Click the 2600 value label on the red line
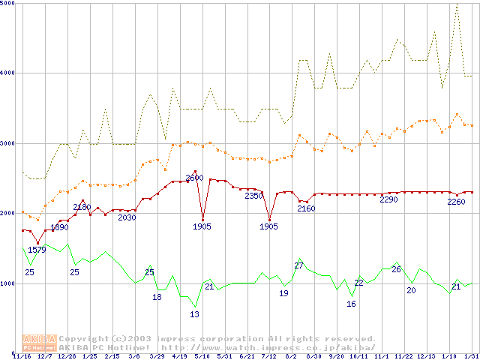pyautogui.click(x=194, y=178)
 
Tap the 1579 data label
pyautogui.click(x=37, y=250)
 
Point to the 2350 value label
pyautogui.click(x=254, y=196)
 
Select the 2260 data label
pyautogui.click(x=456, y=201)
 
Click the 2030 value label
pyautogui.click(x=127, y=217)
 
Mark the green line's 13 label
pyautogui.click(x=194, y=314)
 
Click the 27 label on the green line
pyautogui.click(x=298, y=265)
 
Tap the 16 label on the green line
pyautogui.click(x=351, y=304)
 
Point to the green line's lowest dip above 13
pyautogui.click(x=195, y=307)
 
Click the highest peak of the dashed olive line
pyautogui.click(x=457, y=4)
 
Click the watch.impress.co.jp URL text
pyautogui.click(x=268, y=348)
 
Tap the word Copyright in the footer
pyautogui.click(x=84, y=339)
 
